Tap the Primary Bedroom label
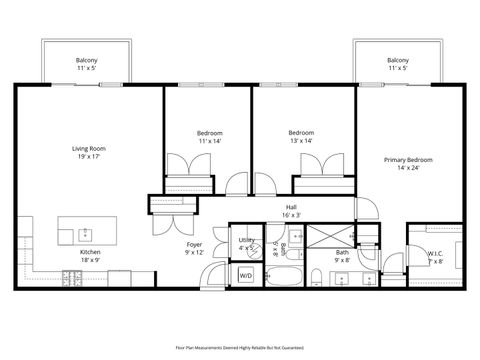[408, 159]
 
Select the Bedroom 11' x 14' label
[209, 133]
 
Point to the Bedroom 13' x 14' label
[302, 133]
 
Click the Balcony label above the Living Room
[86, 61]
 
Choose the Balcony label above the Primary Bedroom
[398, 61]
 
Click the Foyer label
[195, 245]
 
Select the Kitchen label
[90, 252]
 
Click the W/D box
[246, 275]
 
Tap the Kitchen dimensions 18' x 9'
[90, 260]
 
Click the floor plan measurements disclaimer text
[240, 347]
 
